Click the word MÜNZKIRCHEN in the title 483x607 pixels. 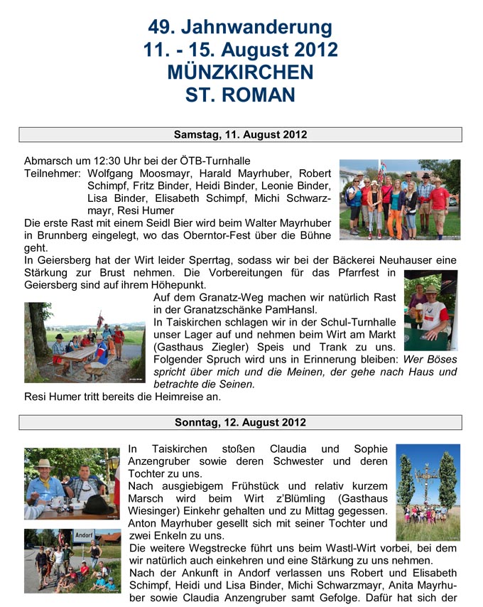[240, 72]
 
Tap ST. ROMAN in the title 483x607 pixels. [240, 94]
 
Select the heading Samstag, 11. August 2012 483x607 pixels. [240, 134]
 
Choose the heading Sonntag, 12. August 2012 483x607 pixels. [240, 422]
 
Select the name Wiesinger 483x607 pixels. [156, 511]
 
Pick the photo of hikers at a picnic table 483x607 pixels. [84, 342]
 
